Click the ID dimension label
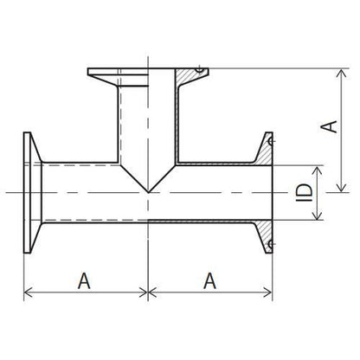pos(305,192)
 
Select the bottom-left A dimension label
pos(84,280)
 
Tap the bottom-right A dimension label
pos(209,280)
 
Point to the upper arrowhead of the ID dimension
pos(318,170)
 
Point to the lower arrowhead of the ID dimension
pos(318,215)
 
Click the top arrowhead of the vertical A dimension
pos(342,74)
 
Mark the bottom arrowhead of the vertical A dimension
pos(342,187)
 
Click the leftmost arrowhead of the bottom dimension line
pos(29,292)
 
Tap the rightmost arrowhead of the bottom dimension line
pos(267,292)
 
